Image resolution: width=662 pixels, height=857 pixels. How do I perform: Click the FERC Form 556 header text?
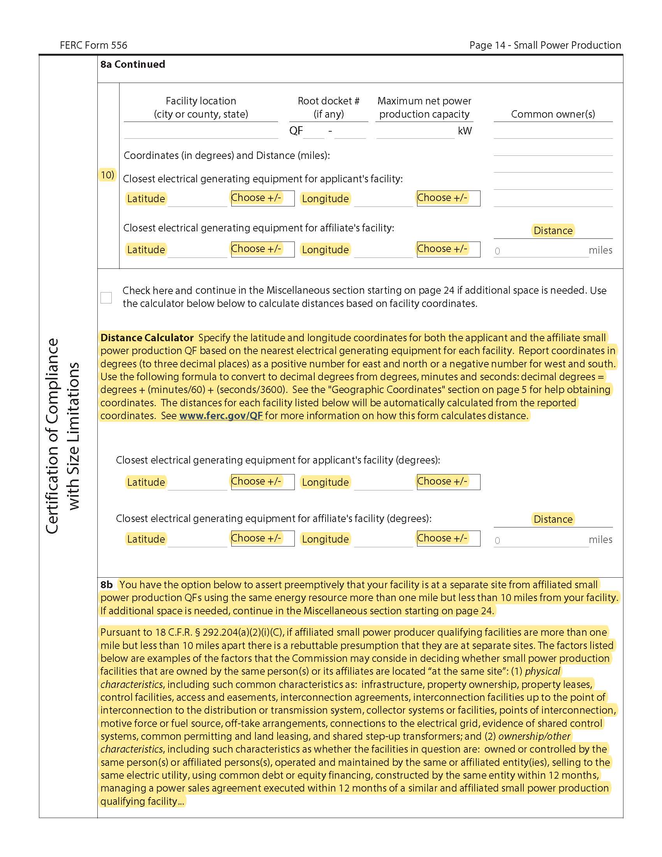click(93, 45)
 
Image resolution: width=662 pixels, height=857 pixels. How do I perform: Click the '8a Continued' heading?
click(132, 64)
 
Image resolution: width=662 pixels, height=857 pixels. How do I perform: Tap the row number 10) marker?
click(107, 175)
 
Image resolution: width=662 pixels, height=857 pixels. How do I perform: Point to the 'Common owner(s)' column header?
click(553, 114)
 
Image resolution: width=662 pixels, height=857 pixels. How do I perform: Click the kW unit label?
click(465, 131)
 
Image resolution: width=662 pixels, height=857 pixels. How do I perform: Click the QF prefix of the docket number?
click(296, 130)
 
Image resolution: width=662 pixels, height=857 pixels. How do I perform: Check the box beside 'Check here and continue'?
click(106, 298)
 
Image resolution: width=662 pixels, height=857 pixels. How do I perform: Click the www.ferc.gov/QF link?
click(221, 416)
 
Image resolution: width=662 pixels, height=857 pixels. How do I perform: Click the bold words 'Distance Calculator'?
click(147, 338)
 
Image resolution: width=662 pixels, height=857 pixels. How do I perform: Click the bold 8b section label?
click(106, 585)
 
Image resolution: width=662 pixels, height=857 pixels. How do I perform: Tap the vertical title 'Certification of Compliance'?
click(52, 436)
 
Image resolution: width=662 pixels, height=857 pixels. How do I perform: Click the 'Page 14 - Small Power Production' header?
click(545, 45)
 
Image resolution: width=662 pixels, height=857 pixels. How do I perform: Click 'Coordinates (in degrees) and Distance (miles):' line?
click(227, 155)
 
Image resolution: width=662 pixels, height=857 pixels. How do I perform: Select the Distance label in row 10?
click(553, 231)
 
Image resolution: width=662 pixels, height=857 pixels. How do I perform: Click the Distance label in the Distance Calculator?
click(553, 519)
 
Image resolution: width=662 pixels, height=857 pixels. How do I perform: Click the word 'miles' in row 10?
click(600, 250)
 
